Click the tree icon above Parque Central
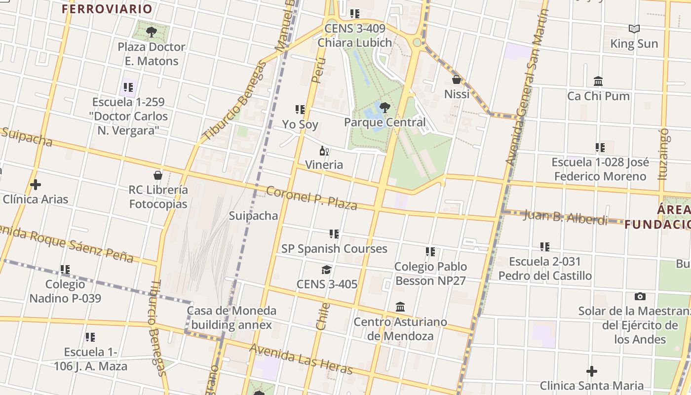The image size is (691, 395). click(x=385, y=107)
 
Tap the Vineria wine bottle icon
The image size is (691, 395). click(x=324, y=151)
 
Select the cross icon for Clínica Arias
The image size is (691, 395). click(x=35, y=185)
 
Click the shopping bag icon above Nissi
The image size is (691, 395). click(x=457, y=79)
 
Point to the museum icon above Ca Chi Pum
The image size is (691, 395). click(x=598, y=81)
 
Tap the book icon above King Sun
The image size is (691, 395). click(x=634, y=29)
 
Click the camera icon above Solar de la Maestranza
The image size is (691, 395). click(x=640, y=297)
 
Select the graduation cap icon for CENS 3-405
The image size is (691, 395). click(x=326, y=270)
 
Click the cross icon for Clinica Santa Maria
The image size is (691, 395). click(x=591, y=371)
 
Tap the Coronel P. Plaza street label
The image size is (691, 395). click(x=311, y=198)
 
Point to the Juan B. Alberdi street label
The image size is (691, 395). click(x=565, y=217)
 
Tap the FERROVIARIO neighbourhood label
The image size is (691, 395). click(x=107, y=9)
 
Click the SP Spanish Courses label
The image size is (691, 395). click(x=334, y=249)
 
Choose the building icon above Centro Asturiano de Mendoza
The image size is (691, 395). click(x=400, y=308)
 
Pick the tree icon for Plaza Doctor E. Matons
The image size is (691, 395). click(x=152, y=33)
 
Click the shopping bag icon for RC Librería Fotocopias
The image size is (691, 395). click(x=158, y=175)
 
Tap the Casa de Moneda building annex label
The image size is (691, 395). click(x=231, y=317)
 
